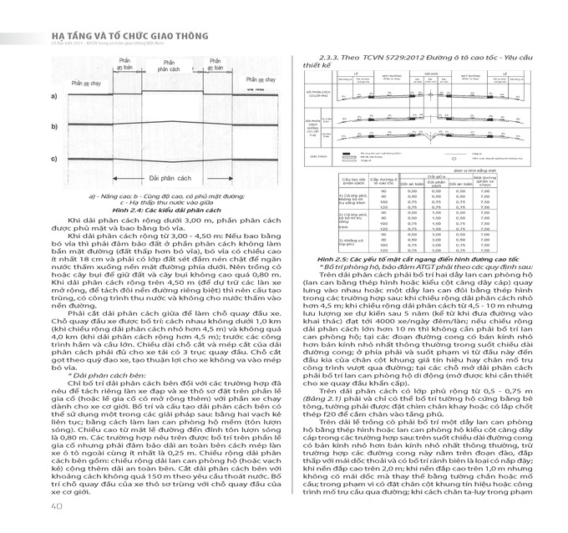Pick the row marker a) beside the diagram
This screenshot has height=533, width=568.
[54, 98]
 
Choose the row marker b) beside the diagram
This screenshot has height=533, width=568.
[54, 127]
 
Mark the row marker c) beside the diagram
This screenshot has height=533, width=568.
[54, 158]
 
